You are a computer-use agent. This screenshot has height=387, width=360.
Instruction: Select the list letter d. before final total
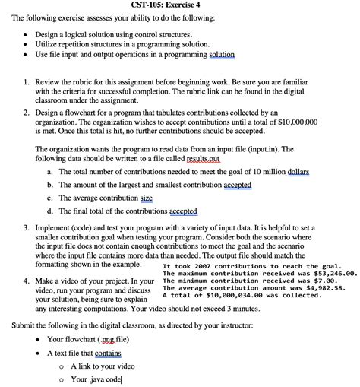pyautogui.click(x=49, y=211)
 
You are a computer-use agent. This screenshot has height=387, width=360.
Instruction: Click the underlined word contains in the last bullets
pyautogui.click(x=106, y=353)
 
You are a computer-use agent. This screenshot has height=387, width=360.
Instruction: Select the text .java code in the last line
pyautogui.click(x=103, y=379)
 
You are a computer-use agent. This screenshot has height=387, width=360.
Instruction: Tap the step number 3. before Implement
pyautogui.click(x=27, y=227)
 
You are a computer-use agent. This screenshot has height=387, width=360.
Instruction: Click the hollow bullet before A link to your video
pyautogui.click(x=61, y=366)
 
